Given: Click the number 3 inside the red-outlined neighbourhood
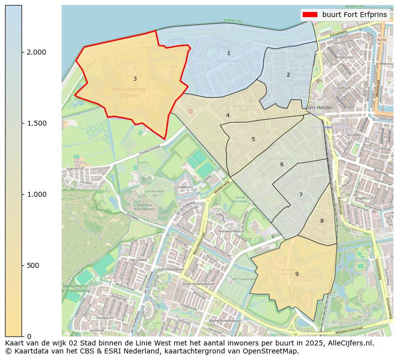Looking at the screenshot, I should tap(135, 79).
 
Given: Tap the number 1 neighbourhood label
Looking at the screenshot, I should tap(229, 53).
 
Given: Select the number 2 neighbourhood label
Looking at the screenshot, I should tap(288, 75).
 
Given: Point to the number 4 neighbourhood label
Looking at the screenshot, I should tap(228, 115).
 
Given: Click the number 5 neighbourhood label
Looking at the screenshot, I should tap(253, 139).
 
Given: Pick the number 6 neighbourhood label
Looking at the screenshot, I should tap(282, 164).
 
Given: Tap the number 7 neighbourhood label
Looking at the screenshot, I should tap(301, 195).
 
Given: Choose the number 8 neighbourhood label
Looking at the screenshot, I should tap(322, 221).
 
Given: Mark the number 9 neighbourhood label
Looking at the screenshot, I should tap(297, 274).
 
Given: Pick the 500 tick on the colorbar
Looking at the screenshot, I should tap(33, 265).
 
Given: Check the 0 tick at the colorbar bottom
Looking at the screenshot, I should tap(29, 336).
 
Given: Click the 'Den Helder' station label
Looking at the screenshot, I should tap(319, 108).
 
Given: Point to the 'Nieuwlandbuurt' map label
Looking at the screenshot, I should tap(231, 231).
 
